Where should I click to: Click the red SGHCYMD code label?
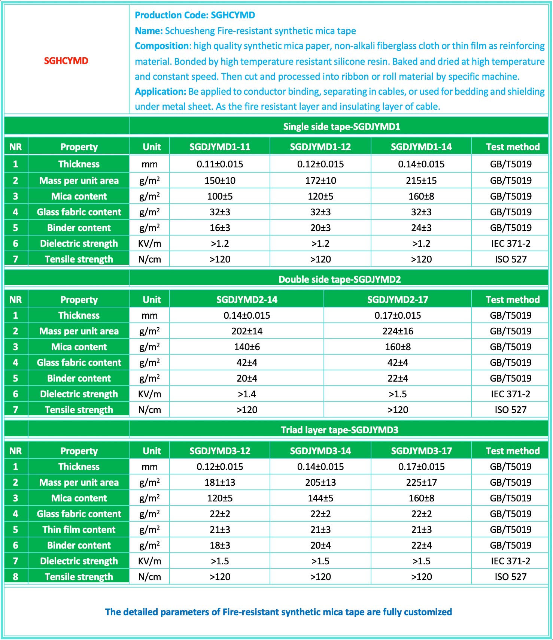click(66, 61)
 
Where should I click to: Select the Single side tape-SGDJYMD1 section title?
click(341, 127)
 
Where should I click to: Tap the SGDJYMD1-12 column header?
click(320, 147)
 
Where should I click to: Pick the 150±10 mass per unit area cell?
click(220, 181)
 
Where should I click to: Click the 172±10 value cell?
click(320, 181)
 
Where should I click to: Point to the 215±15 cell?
click(421, 181)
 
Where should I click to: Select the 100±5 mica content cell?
click(220, 196)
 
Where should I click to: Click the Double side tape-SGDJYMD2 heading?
click(340, 279)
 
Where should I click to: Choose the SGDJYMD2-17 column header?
click(398, 300)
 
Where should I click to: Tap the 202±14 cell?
click(247, 331)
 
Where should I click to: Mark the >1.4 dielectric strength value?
click(247, 394)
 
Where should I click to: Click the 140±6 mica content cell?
click(247, 347)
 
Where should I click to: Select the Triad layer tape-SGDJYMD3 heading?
click(340, 430)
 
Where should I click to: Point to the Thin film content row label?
click(79, 530)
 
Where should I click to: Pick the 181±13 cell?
click(220, 482)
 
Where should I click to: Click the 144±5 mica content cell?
click(320, 498)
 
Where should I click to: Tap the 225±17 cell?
click(421, 482)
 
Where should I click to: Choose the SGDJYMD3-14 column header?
click(320, 451)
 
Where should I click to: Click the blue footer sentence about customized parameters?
click(278, 612)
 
